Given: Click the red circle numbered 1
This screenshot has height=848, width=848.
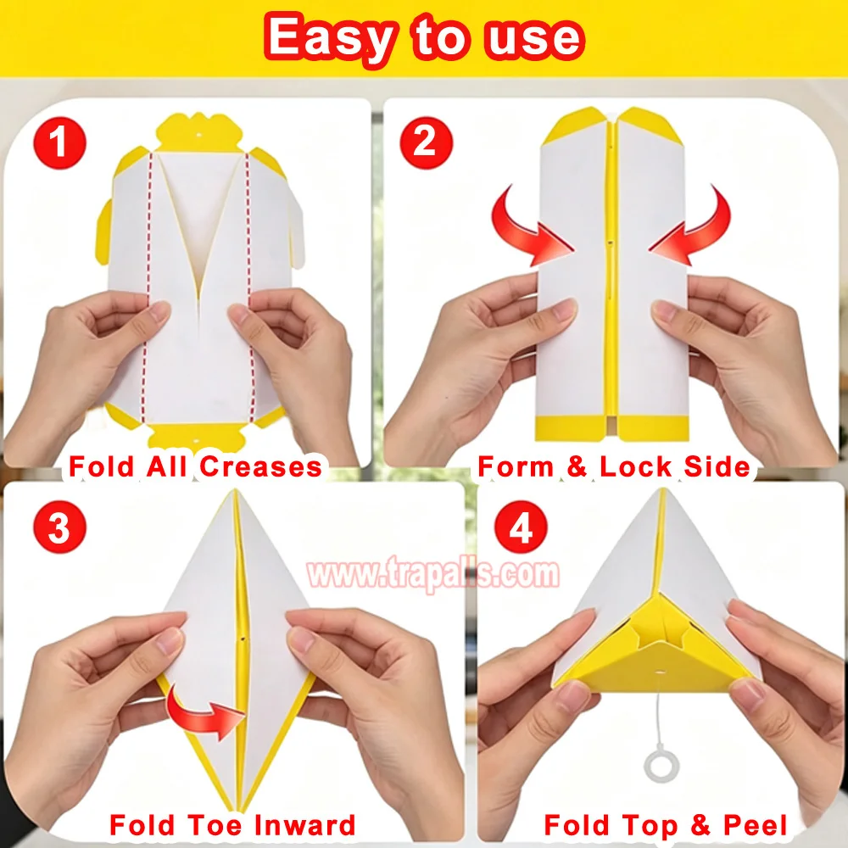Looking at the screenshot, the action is (x=59, y=142).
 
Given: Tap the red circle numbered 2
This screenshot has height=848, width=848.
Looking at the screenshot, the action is (x=427, y=142).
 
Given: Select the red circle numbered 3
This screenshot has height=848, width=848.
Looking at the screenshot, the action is (x=59, y=527).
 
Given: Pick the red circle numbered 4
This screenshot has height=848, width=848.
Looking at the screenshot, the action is (x=521, y=527).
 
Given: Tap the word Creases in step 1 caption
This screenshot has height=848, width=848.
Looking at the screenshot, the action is (x=260, y=466).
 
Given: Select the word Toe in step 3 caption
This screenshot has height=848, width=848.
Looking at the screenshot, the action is (x=215, y=825).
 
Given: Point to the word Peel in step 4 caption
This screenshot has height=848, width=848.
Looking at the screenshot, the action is (x=756, y=825).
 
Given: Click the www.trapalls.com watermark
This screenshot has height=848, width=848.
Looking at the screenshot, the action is (x=432, y=573).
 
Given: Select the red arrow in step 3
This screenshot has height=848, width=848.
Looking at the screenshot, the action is (x=203, y=711).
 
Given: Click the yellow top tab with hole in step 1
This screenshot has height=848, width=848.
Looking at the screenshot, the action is (x=198, y=132).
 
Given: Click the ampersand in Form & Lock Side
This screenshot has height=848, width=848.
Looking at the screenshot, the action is (x=577, y=466).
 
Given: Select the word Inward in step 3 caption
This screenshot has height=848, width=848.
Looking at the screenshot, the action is (x=304, y=825).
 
